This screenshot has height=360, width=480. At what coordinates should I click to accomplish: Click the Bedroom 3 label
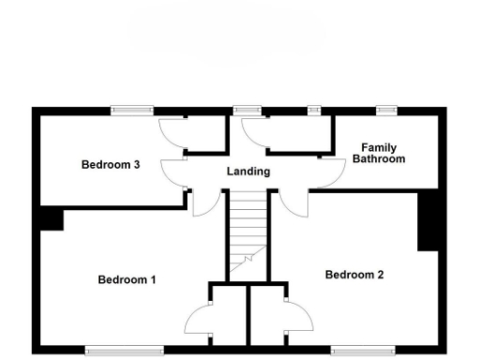coord(111,165)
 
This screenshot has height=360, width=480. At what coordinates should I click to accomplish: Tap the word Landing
coord(248,172)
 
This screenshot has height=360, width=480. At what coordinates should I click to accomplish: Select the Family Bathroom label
coord(379,154)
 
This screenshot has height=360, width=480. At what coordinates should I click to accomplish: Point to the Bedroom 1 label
coord(127,279)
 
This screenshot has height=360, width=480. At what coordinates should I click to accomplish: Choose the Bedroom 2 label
coord(354,275)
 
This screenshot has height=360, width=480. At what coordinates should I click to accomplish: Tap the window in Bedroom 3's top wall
coord(132,111)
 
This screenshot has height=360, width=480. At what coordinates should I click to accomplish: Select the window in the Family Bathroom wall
coord(383,111)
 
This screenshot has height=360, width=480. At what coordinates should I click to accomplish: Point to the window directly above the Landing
coord(247,111)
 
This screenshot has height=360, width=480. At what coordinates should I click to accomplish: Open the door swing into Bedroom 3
coord(173,172)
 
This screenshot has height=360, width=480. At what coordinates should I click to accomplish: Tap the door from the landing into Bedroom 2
coord(292,202)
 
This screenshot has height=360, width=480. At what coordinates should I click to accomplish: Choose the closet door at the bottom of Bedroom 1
coord(199,323)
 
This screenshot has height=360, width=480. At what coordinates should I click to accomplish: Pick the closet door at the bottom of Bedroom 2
coord(298,323)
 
